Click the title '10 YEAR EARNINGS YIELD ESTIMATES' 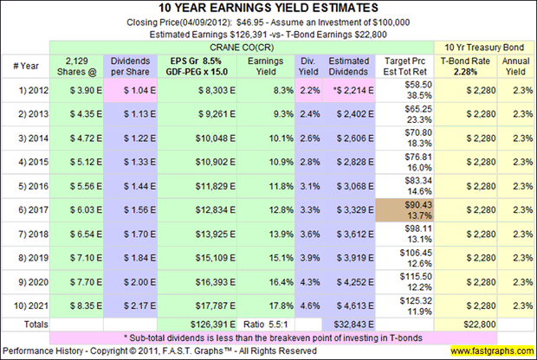tap(268, 10)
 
